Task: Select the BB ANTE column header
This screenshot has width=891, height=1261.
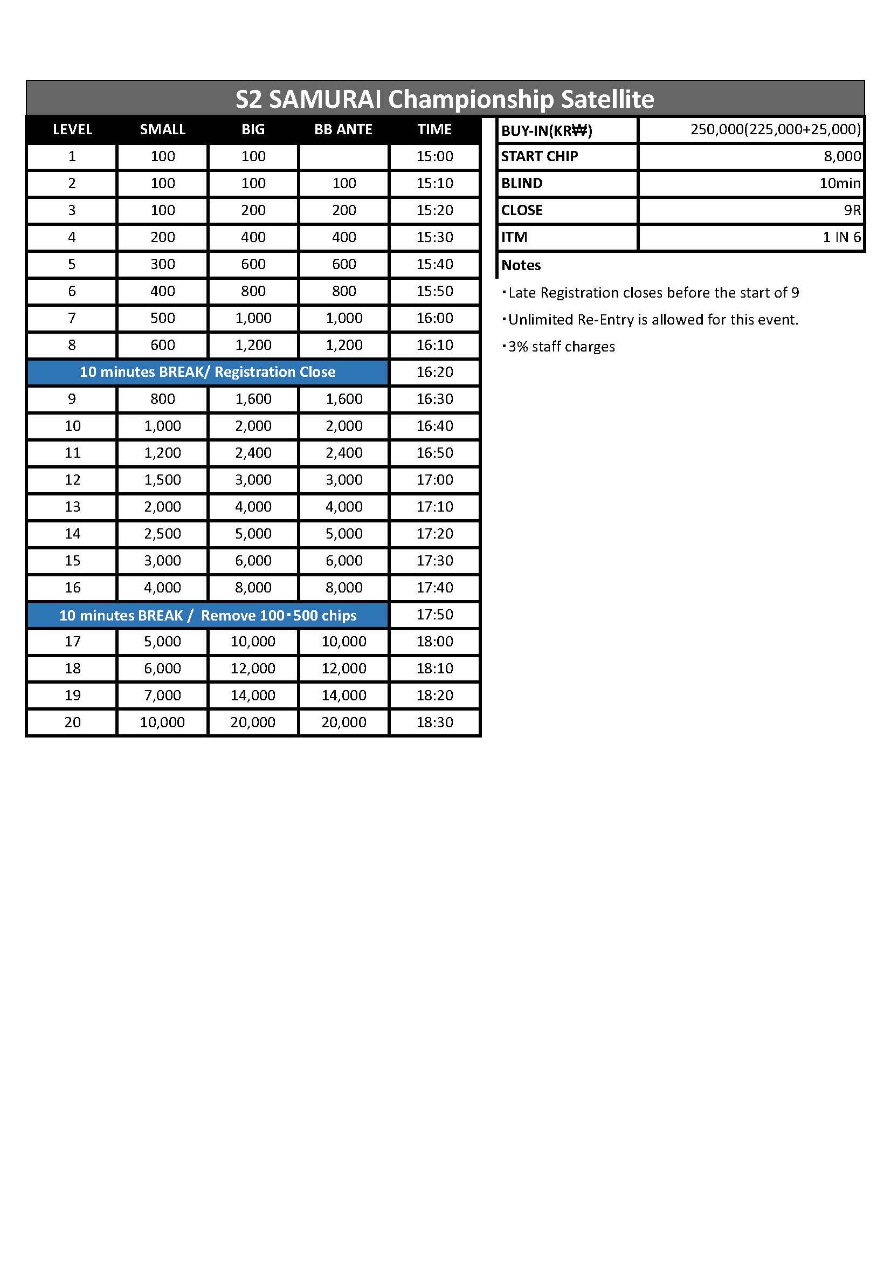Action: [x=343, y=129]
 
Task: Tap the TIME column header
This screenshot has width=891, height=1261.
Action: [x=434, y=129]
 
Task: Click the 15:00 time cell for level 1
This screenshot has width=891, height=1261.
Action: [x=434, y=156]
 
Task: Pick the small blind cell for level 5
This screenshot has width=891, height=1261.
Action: [x=162, y=264]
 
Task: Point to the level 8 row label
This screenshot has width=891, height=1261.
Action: [x=72, y=345]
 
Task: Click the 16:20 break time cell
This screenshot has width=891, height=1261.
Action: [x=434, y=372]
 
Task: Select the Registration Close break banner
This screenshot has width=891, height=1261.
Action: [x=208, y=372]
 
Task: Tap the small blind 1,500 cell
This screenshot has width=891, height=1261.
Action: [x=162, y=479]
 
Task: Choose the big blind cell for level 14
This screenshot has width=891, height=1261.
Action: [x=253, y=533]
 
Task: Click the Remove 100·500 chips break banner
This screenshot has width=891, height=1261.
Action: [x=208, y=615]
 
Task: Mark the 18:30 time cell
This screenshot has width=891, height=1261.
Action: [x=434, y=722]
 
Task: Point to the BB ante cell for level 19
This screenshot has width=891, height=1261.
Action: [x=344, y=695]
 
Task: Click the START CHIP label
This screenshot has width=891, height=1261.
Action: [x=539, y=156]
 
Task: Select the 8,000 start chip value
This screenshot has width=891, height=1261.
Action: [x=841, y=156]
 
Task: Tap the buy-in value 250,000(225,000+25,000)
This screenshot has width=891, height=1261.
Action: [x=775, y=129]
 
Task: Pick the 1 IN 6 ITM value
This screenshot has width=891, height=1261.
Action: [x=841, y=237]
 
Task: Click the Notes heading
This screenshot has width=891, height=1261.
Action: [x=521, y=265]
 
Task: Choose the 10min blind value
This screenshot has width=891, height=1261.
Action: [x=839, y=183]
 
